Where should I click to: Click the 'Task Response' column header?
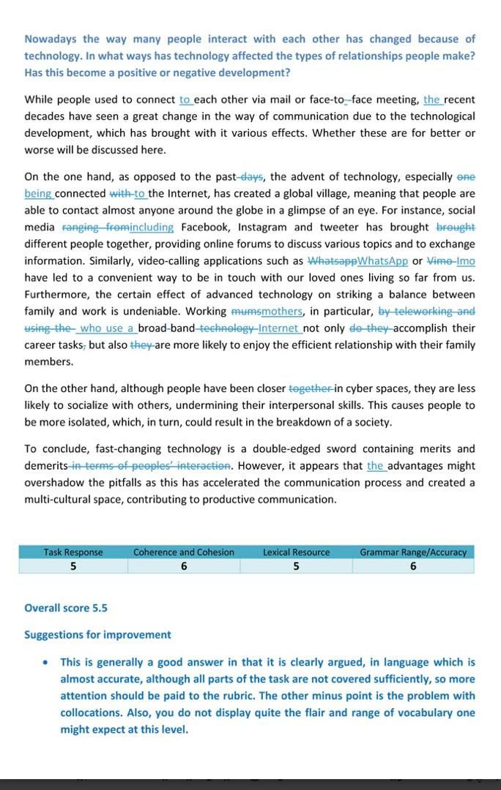point(73,552)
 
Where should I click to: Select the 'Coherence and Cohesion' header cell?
point(184,552)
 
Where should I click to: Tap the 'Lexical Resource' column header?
point(296,552)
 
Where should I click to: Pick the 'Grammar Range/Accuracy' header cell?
point(413,552)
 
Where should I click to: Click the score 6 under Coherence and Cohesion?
point(184,566)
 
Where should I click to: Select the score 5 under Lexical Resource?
point(296,566)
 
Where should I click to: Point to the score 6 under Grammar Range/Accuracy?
point(413,566)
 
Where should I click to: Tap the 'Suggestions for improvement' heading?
point(97,635)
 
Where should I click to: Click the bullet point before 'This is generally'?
point(46,663)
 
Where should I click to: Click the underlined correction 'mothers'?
point(282,312)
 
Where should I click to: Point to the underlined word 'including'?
point(151,227)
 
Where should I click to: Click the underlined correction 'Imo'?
point(465,261)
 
